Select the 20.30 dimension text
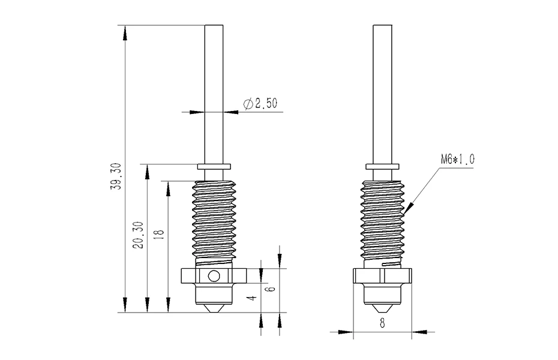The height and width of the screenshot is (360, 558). pyautogui.click(x=139, y=235)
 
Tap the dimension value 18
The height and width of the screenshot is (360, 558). pyautogui.click(x=160, y=234)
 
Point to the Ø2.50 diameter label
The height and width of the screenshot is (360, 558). pyautogui.click(x=260, y=104)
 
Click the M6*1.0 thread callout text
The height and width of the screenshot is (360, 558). pyautogui.click(x=458, y=159)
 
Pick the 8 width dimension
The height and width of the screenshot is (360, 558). pyautogui.click(x=382, y=323)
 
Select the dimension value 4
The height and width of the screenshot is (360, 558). pyautogui.click(x=253, y=298)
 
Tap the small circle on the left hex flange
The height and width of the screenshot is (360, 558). pyautogui.click(x=214, y=276)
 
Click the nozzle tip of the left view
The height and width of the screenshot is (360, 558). pyautogui.click(x=214, y=313)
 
